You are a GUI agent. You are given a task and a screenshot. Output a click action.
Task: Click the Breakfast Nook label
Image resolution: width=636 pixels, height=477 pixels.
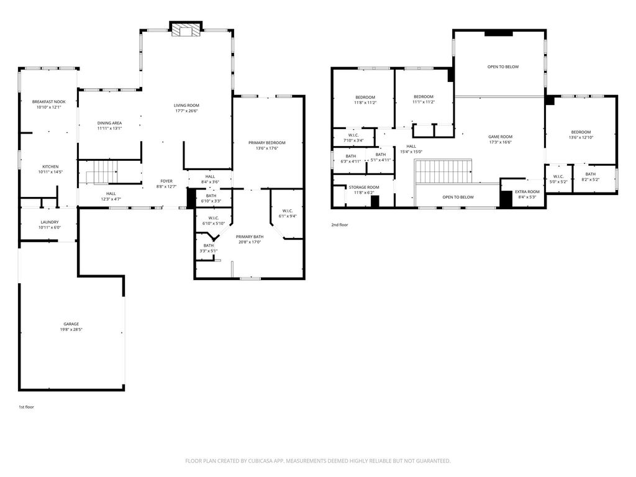[x=48, y=102]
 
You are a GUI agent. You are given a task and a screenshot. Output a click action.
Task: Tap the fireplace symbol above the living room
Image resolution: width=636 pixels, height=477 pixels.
[x=186, y=30]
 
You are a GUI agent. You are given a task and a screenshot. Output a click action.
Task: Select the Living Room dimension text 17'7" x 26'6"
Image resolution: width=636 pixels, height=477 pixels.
[x=186, y=111]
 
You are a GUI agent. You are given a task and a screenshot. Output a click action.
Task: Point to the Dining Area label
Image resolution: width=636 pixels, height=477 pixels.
[x=109, y=123]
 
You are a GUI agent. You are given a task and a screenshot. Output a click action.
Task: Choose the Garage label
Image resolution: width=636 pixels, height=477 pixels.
[x=71, y=324]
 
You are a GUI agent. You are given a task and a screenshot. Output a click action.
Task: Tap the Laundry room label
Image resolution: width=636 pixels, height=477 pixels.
[x=50, y=222]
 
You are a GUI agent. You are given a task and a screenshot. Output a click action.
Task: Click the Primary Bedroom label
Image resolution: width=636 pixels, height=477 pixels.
[x=267, y=143]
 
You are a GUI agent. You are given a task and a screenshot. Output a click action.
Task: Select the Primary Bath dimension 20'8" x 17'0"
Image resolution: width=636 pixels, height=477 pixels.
[x=250, y=242]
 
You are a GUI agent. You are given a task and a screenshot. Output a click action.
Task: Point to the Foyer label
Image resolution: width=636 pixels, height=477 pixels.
[x=166, y=181]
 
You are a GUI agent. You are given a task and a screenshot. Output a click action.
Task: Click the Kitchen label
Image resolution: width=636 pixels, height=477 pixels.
[x=50, y=166]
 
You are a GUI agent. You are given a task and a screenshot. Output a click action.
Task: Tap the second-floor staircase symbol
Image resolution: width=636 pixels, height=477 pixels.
[x=443, y=171]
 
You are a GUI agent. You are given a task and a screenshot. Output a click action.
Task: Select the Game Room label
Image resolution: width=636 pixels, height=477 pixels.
[x=500, y=137]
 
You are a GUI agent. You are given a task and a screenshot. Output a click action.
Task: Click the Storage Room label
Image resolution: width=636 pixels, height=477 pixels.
[x=364, y=188]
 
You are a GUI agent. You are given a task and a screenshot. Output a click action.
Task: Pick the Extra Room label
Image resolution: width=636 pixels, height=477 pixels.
[x=527, y=192]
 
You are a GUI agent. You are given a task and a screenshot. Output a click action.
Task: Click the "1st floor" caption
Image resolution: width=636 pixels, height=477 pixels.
[x=26, y=407]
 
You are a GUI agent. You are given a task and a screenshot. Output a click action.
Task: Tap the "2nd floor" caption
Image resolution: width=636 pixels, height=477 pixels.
[x=340, y=225]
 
